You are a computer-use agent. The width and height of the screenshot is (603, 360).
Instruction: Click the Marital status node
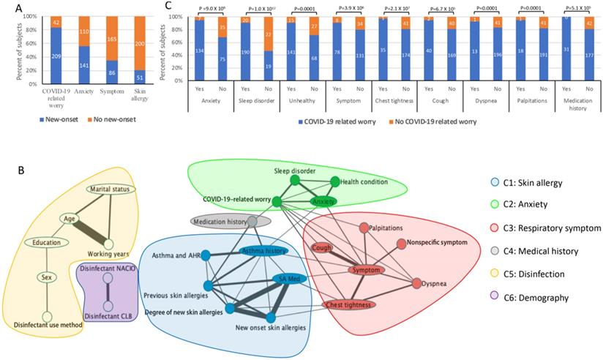coord(110,189)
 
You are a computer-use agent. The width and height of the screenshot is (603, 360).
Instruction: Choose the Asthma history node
coord(263,251)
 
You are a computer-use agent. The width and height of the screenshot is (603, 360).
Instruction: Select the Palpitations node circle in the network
coord(364,228)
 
